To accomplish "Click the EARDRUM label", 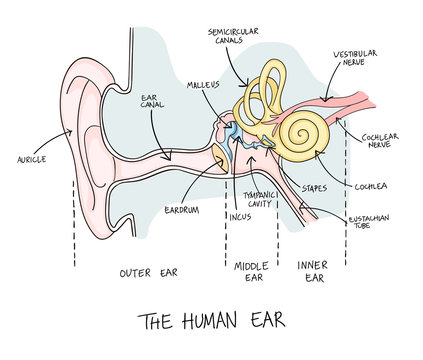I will pyautogui.click(x=184, y=211).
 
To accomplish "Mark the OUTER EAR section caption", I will pyautogui.click(x=149, y=271).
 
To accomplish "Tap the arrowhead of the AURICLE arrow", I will pyautogui.click(x=75, y=132).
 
